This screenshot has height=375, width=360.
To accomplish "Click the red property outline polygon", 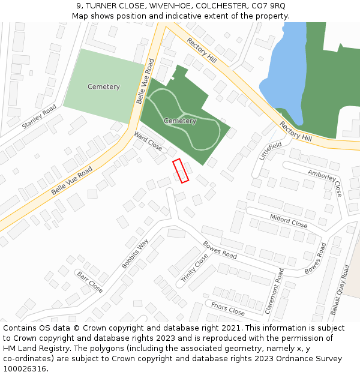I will click(181, 170).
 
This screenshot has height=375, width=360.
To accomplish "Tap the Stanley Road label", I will click(39, 116).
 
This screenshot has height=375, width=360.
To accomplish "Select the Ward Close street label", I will click(148, 140).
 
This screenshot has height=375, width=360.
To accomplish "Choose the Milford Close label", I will click(288, 221).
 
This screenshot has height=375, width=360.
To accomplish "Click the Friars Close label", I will click(227, 308).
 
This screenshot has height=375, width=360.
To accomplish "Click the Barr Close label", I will click(89, 281).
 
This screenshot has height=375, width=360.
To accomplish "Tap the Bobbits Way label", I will click(134, 254).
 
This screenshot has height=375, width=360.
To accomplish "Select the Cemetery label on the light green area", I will click(103, 87).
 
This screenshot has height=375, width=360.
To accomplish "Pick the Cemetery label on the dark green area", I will click(180, 121).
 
